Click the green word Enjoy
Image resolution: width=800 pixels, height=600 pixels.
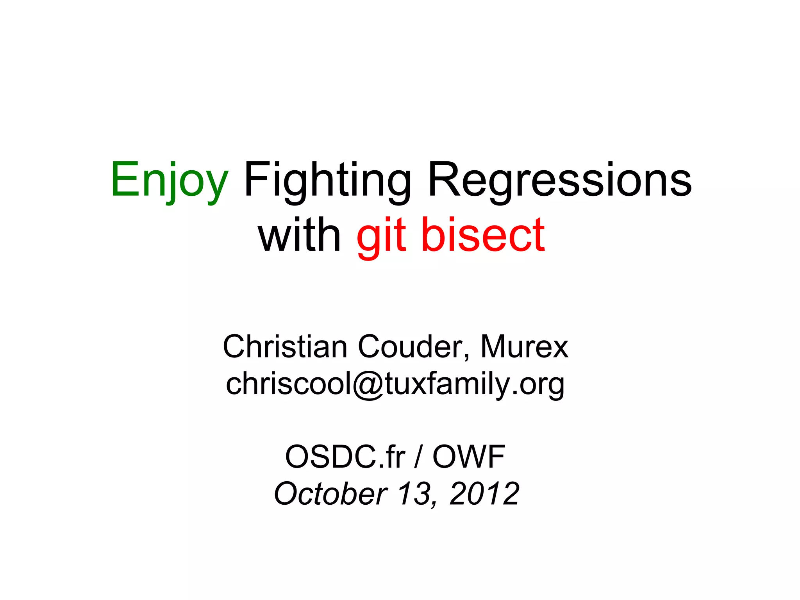pos(169,180)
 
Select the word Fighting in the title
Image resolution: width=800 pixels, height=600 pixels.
pos(327,180)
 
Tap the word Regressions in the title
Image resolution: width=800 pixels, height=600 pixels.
pos(559,180)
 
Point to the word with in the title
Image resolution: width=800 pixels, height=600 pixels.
pos(299,236)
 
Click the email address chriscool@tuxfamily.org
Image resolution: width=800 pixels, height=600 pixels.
pos(395,384)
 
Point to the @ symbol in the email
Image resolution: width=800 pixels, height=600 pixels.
pos(368,385)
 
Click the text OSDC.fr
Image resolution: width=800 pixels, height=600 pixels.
pos(345,457)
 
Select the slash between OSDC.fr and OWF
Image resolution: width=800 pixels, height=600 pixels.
pos(418,457)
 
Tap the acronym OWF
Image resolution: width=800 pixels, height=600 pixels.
pos(469,457)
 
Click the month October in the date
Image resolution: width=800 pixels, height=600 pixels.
pos(330,494)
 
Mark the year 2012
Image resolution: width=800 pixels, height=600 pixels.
pos(484,494)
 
